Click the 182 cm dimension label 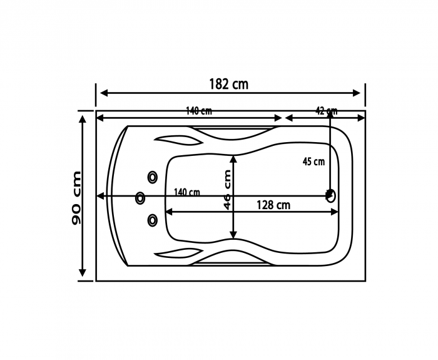click(x=229, y=84)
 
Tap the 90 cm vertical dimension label click(x=76, y=198)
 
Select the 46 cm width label click(x=227, y=190)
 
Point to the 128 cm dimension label click(x=273, y=205)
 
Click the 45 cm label click(x=313, y=162)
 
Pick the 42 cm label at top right click(x=326, y=111)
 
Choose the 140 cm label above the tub click(x=199, y=111)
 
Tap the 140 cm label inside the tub click(x=187, y=192)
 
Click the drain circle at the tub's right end click(x=331, y=195)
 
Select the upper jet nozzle click(x=153, y=177)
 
